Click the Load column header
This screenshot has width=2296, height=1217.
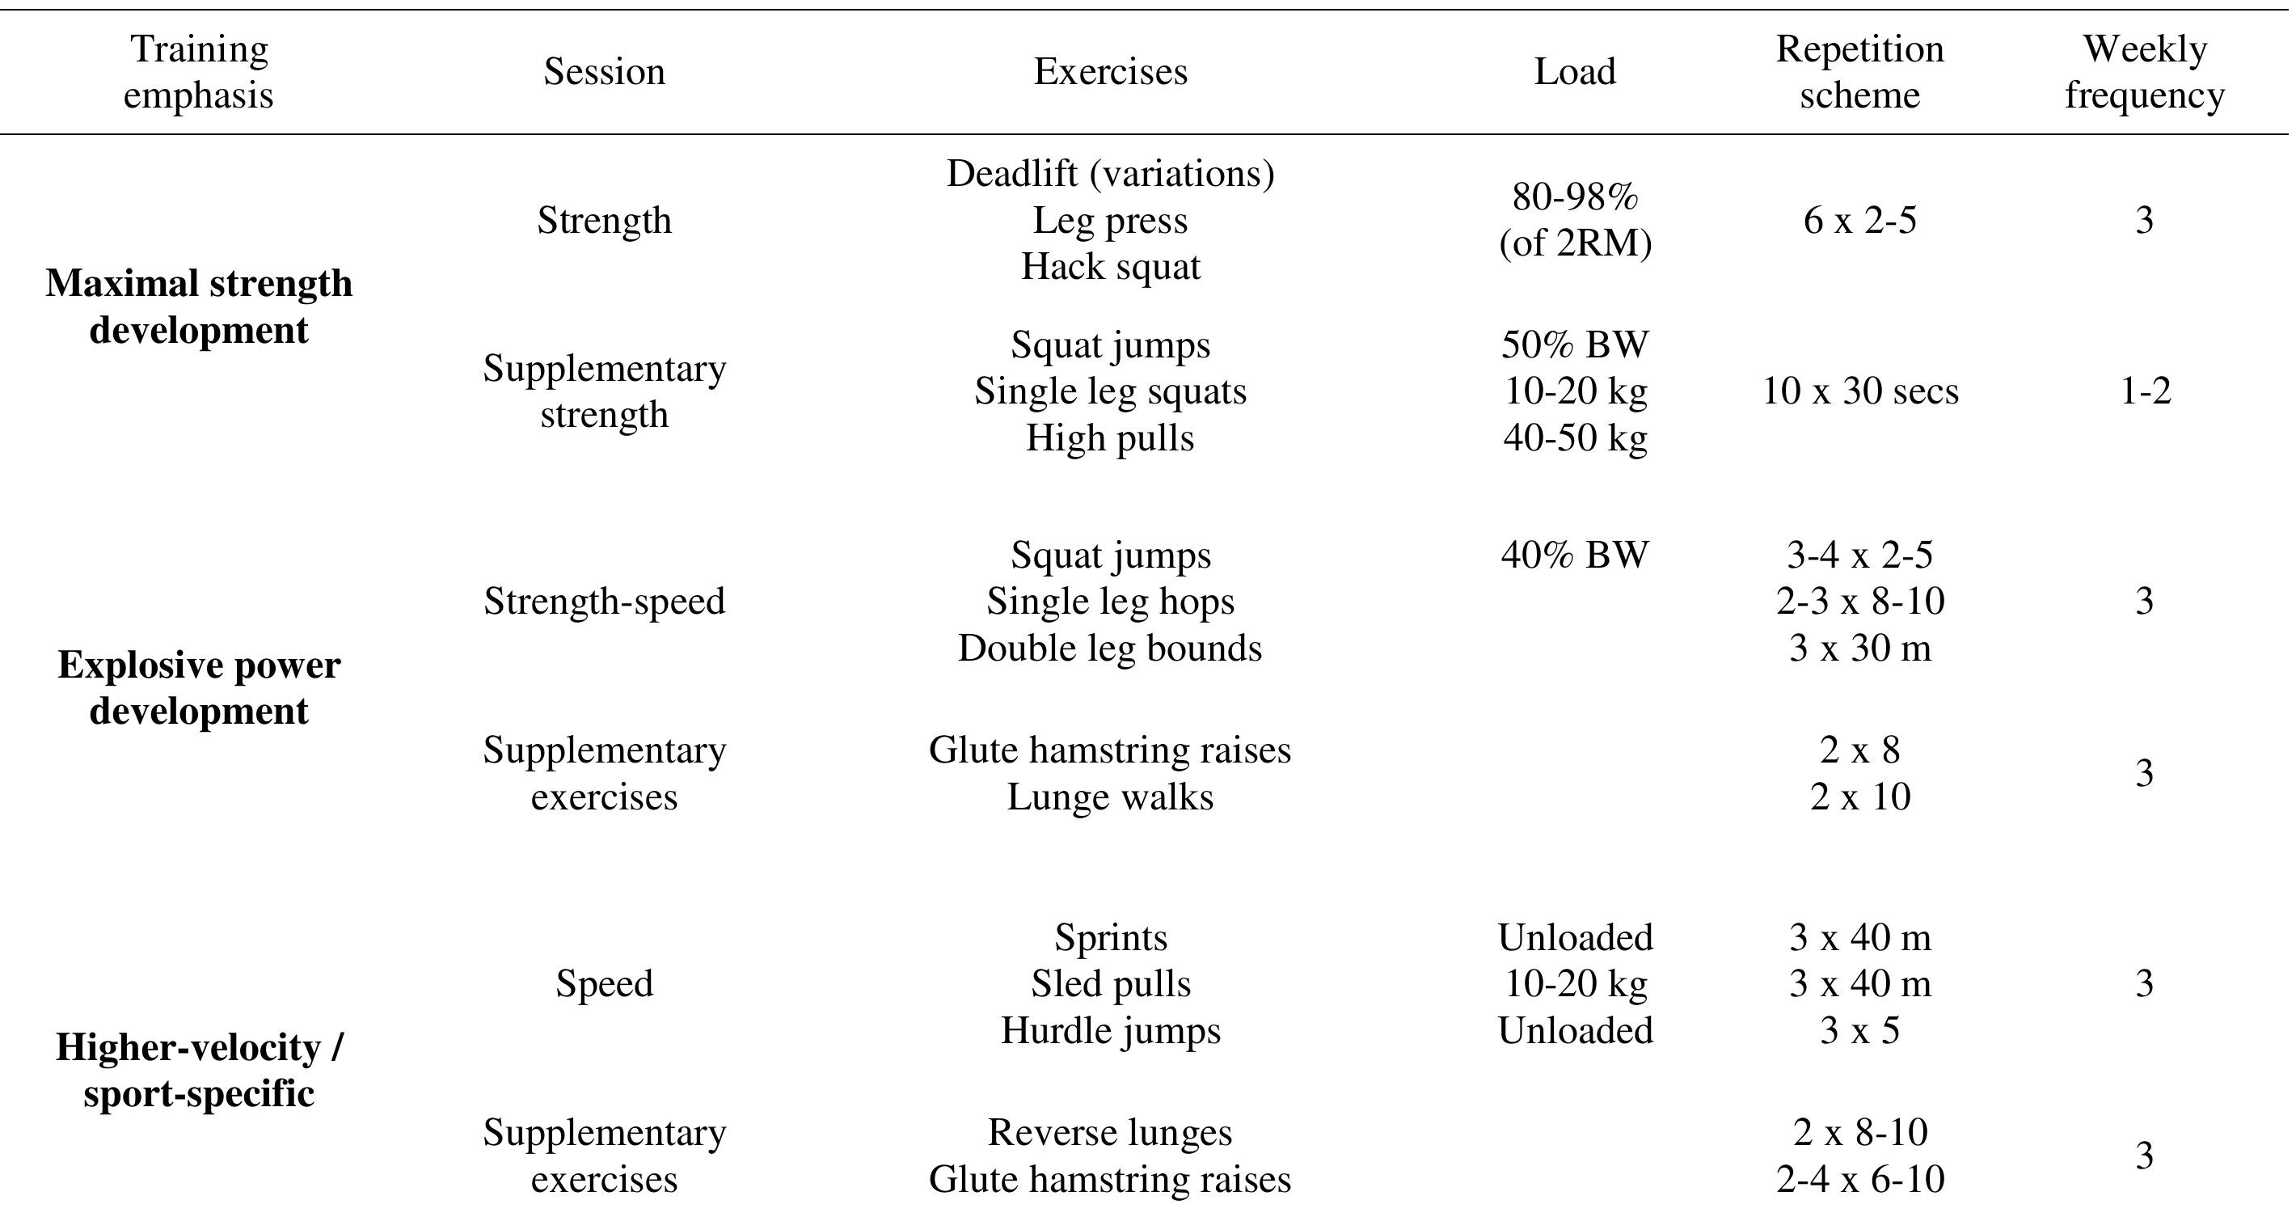(x=1574, y=72)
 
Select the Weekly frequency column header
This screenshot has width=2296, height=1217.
(x=2145, y=72)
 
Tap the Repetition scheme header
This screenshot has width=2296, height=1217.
(x=1859, y=72)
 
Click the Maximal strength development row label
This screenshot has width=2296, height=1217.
(x=199, y=306)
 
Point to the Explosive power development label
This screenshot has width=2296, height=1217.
(x=199, y=688)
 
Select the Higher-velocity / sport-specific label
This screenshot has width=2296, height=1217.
(x=199, y=1070)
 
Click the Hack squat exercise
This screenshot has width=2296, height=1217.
(x=1110, y=267)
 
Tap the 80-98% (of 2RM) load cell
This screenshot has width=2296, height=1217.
(x=1574, y=220)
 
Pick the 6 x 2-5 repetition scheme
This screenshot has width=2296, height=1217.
(x=1859, y=220)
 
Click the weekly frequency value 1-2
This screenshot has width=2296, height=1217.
(x=2145, y=391)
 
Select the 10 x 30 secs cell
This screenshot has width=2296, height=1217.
(x=1859, y=391)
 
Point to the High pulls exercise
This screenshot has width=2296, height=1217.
(x=1110, y=437)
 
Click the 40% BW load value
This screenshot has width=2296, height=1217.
(x=1574, y=556)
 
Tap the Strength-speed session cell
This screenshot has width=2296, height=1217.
(x=604, y=602)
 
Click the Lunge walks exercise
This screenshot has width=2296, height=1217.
(x=1110, y=797)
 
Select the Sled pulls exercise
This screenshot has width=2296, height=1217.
(x=1110, y=984)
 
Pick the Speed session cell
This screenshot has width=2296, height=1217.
(x=604, y=984)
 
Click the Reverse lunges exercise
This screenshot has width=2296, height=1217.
(x=1110, y=1133)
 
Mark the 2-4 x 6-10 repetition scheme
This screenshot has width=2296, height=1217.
(x=1859, y=1180)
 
